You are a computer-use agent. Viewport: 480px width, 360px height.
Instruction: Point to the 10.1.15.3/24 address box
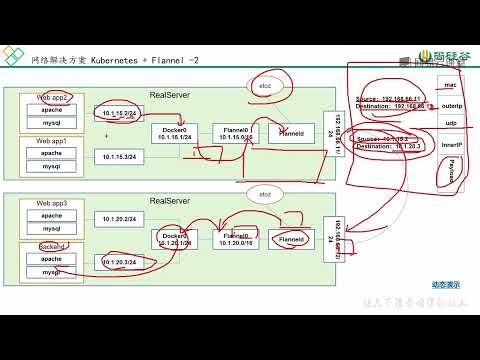click(121, 157)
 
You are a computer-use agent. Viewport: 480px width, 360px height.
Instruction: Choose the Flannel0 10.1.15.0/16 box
click(235, 134)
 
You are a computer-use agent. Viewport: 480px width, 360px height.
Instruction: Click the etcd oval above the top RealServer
click(265, 88)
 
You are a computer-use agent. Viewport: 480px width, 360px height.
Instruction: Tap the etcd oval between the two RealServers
click(265, 192)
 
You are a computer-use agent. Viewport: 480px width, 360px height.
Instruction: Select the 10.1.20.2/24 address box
click(121, 217)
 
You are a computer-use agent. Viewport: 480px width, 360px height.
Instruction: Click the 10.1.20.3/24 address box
click(121, 262)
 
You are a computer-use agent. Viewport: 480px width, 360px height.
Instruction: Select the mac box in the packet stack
click(449, 86)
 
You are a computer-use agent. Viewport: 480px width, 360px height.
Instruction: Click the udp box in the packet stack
click(449, 124)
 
